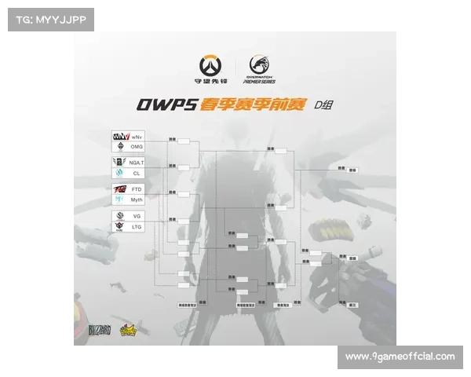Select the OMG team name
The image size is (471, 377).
137,146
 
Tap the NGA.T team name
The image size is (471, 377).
139,161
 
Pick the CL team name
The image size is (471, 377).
136,172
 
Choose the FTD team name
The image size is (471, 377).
137,189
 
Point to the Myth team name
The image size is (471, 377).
137,199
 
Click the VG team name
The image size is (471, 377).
136,215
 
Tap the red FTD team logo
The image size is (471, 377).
120,189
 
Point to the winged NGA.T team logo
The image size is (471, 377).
120,161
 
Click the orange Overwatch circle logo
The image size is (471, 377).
210,64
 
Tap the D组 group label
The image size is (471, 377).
323,105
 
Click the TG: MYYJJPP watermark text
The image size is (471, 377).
50,19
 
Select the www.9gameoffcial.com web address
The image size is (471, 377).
400,357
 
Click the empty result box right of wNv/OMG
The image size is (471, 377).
184,141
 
